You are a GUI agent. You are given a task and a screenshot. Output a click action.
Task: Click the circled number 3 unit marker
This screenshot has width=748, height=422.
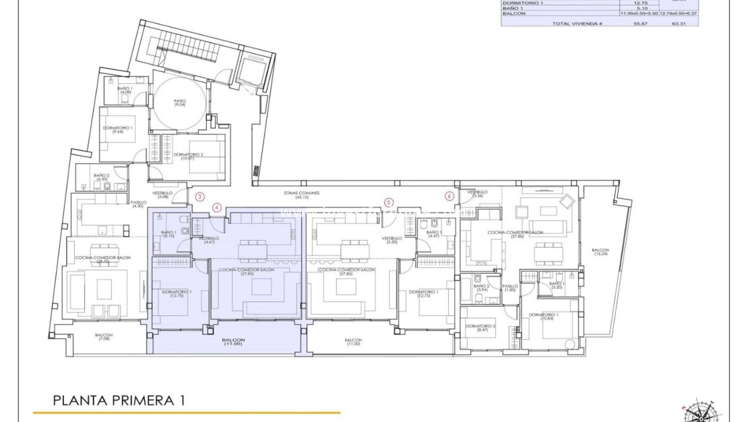(x=199, y=198)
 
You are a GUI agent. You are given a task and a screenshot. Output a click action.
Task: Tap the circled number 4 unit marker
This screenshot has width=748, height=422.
(x=216, y=208)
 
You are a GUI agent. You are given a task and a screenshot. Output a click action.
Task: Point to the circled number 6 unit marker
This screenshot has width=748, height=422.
(x=449, y=196)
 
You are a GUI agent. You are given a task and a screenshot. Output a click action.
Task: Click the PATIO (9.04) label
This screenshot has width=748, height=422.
(x=179, y=103)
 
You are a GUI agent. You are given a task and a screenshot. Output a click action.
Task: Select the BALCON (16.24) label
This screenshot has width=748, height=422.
(x=600, y=252)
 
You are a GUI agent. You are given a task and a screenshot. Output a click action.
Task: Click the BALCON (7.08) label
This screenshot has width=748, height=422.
(x=103, y=337)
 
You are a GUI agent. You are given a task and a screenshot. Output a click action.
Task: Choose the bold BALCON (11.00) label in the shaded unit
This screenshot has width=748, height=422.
(x=233, y=342)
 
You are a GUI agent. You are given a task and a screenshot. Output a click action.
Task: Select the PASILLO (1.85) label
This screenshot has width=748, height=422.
(x=510, y=288)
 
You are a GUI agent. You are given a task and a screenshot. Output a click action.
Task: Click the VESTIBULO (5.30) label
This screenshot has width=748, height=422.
(x=392, y=239)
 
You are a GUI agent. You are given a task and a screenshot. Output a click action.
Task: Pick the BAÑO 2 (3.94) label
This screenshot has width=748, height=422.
(x=480, y=288)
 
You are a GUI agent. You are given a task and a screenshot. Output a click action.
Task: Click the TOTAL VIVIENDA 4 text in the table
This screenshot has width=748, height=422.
(x=575, y=22)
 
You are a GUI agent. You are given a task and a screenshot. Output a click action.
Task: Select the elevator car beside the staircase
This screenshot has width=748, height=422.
(x=253, y=67)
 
